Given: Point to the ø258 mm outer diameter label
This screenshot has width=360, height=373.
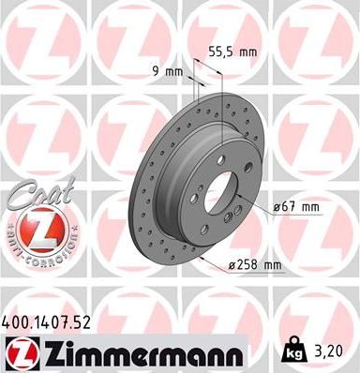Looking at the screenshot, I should click(255, 265).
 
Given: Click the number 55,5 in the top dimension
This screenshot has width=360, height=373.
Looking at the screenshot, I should click(218, 52).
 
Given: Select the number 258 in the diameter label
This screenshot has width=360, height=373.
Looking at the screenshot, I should click(249, 265).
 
